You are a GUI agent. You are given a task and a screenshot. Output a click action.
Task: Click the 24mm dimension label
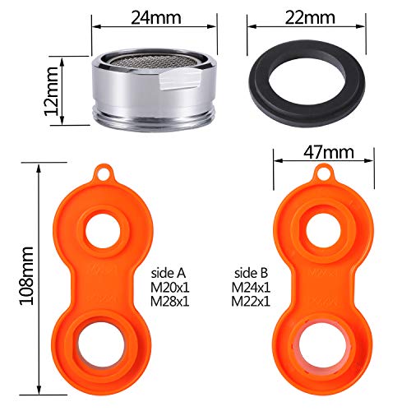point(156,18)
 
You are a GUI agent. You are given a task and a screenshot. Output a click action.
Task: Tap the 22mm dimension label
point(310,18)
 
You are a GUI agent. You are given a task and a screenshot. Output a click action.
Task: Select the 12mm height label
point(52,91)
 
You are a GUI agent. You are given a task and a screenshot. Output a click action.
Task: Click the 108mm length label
point(26,276)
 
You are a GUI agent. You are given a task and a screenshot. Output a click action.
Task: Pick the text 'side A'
point(169,273)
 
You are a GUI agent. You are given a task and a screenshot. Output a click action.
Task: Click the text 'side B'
point(251,273)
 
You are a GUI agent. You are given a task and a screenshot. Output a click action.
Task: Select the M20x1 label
point(170,288)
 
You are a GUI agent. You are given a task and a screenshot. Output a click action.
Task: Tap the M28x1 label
point(170,302)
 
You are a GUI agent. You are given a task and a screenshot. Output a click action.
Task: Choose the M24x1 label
point(251,288)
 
